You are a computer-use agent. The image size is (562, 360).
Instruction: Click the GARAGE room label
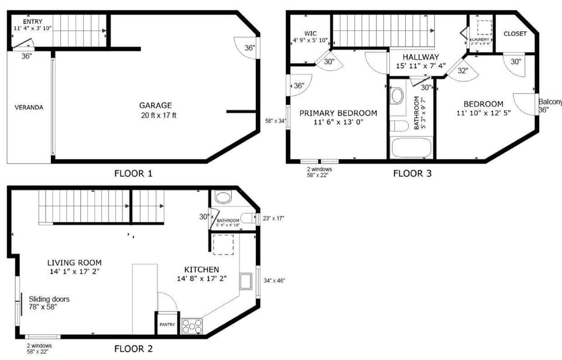tap(155, 105)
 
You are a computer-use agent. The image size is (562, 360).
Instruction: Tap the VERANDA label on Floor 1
tap(29, 107)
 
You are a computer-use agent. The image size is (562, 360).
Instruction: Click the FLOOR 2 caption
tap(133, 349)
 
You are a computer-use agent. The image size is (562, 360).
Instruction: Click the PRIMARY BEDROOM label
tap(338, 113)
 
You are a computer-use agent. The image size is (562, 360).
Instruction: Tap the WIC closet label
tap(310, 33)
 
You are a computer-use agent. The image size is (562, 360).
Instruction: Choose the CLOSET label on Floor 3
tap(515, 33)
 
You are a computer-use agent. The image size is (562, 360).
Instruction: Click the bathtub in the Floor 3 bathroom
tap(412, 147)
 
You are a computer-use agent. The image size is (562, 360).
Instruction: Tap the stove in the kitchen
tap(192, 326)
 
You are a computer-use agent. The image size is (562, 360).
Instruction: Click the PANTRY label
tap(167, 325)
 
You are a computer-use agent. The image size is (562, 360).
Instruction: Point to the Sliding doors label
tap(49, 299)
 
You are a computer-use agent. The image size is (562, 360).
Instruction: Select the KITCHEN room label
tap(201, 269)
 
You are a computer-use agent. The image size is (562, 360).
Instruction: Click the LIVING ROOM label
tap(74, 263)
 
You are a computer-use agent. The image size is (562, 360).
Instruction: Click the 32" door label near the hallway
tap(463, 70)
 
